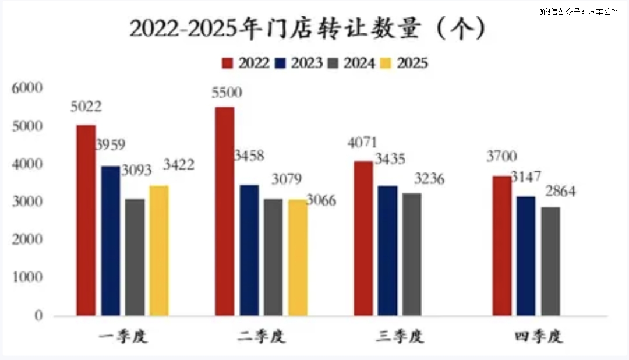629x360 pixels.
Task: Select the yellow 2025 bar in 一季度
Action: click(x=159, y=250)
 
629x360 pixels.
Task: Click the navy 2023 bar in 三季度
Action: click(x=387, y=250)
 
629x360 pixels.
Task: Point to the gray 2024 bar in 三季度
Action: click(x=411, y=254)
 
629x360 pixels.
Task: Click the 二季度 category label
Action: click(x=262, y=337)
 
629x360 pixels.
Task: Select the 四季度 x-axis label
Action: click(x=539, y=337)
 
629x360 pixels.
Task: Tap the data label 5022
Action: click(x=86, y=107)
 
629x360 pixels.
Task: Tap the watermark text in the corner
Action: click(x=578, y=11)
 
